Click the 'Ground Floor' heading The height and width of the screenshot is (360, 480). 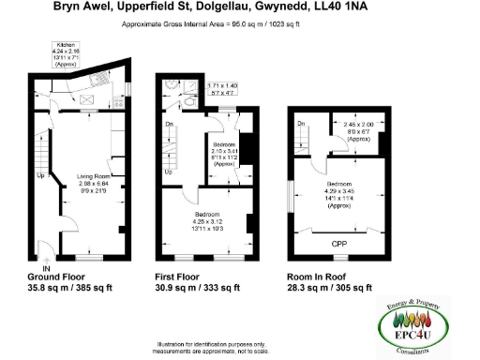click(x=57, y=277)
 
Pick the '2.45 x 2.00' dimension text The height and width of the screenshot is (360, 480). click(x=357, y=124)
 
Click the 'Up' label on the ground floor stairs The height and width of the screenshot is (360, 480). click(x=39, y=175)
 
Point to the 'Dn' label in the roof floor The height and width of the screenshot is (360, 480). click(x=301, y=122)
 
